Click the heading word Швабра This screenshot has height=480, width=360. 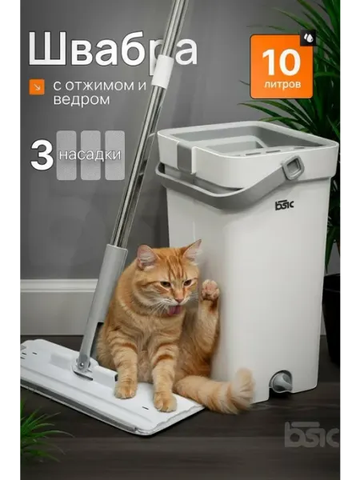(x=113, y=50)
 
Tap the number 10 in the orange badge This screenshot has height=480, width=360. (x=281, y=62)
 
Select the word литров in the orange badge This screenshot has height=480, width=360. (x=282, y=84)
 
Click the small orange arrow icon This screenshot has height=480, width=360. (x=37, y=86)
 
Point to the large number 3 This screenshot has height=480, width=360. (x=42, y=155)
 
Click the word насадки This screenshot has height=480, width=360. (x=90, y=155)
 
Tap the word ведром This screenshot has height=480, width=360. (x=82, y=100)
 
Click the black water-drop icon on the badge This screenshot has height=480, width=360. (x=308, y=38)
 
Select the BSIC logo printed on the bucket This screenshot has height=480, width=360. (x=284, y=205)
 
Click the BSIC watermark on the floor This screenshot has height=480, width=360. (x=312, y=434)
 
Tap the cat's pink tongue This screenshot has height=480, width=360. (x=174, y=310)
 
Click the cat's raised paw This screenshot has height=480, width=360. (x=210, y=290)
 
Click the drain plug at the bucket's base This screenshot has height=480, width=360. (x=282, y=382)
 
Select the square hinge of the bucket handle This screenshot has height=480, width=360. (x=293, y=167)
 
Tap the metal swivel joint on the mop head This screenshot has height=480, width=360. (x=83, y=366)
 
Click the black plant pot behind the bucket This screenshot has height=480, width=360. (x=331, y=318)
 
